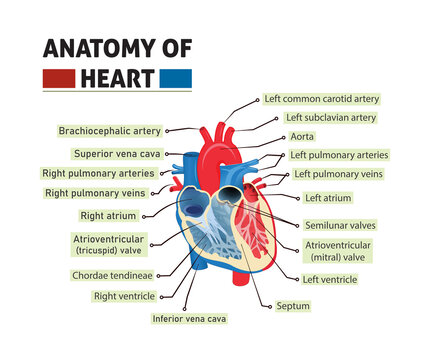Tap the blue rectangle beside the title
pyautogui.click(x=177, y=77)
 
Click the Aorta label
pyautogui.click(x=302, y=137)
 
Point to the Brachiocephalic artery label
pyautogui.click(x=110, y=130)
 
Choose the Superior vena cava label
pyautogui.click(x=117, y=154)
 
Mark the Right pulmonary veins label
pyautogui.click(x=96, y=192)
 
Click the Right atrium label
pyautogui.click(x=108, y=215)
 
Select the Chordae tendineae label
pyautogui.click(x=112, y=275)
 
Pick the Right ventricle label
pyautogui.click(x=124, y=296)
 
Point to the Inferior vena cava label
pyautogui.click(x=189, y=318)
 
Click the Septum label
pyautogui.click(x=293, y=305)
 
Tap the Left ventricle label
pyautogui.click(x=329, y=280)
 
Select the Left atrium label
pyautogui.click(x=328, y=198)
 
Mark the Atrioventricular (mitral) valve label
pyautogui.click(x=338, y=251)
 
